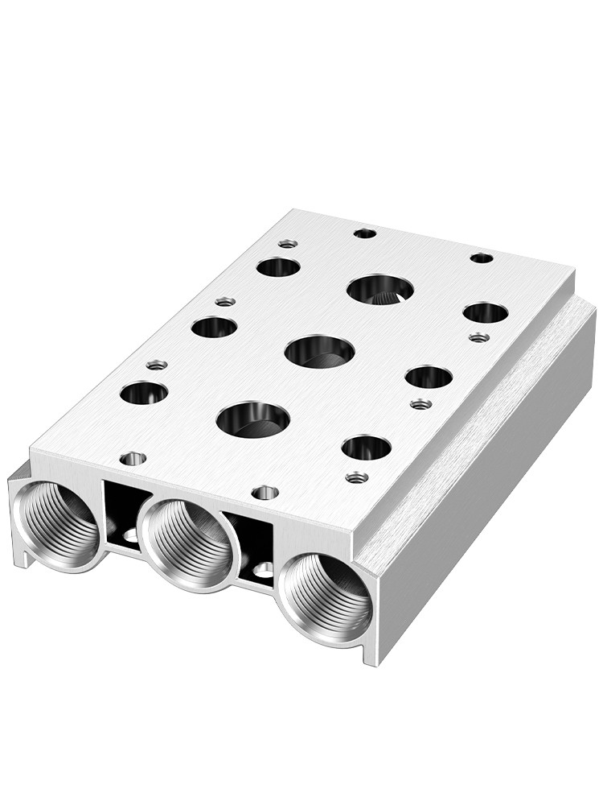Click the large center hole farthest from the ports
[380, 287]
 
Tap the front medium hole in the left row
[144, 393]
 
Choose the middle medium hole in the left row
[215, 327]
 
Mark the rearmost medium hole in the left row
[278, 266]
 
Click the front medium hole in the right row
[366, 447]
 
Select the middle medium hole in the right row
[429, 376]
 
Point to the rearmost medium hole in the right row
[486, 312]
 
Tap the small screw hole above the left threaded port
[133, 459]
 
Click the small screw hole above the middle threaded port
[265, 491]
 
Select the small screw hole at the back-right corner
[481, 258]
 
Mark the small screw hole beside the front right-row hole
[357, 477]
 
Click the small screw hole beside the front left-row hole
[157, 365]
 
